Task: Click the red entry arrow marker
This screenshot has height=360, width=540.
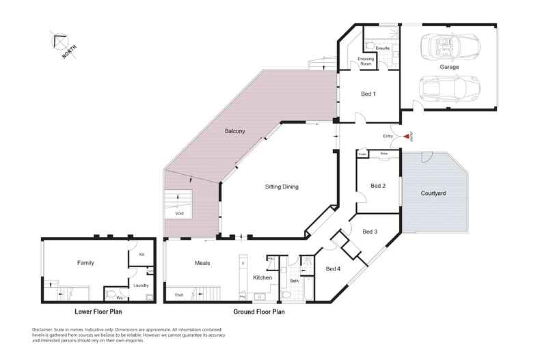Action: (407, 137)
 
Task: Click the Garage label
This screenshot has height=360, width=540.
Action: (449, 68)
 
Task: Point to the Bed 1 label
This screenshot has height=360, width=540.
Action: (368, 93)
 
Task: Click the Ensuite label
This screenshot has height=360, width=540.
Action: (383, 49)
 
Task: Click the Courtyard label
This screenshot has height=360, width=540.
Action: (432, 194)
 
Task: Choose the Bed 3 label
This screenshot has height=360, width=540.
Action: (370, 232)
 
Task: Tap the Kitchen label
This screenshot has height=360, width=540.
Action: (262, 277)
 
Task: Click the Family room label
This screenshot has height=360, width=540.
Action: (85, 262)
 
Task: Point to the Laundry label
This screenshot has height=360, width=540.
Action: (141, 286)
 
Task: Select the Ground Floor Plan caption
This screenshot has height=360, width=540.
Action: (258, 311)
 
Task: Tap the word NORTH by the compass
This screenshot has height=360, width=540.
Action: (68, 51)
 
